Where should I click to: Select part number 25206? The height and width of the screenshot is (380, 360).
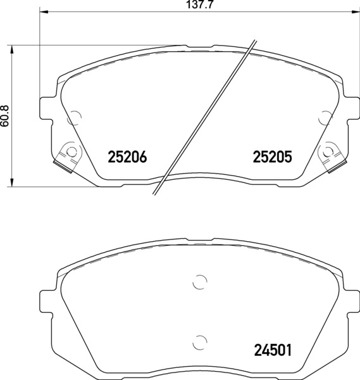coord(128,156)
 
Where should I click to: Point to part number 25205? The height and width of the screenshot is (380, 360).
coord(272,156)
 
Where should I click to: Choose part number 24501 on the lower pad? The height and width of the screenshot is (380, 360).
coord(272,349)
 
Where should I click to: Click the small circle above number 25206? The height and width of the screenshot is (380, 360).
coord(75,117)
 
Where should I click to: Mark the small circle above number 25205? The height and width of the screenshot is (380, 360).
coord(326,117)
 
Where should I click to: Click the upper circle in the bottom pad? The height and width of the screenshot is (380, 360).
coord(199,282)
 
